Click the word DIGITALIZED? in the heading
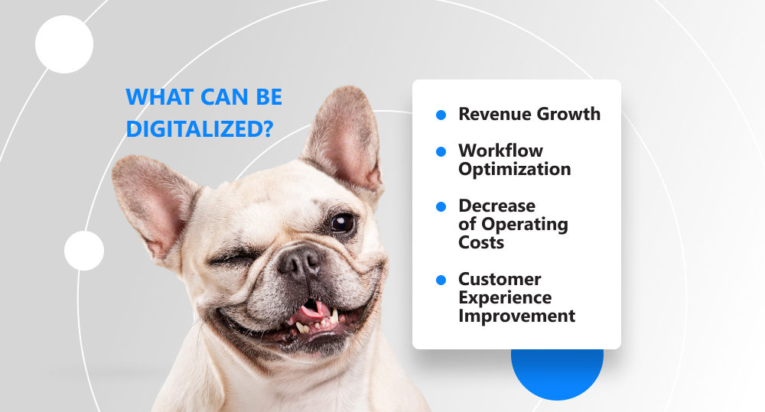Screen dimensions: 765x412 [200, 129]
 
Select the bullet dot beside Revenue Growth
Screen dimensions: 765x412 [441, 115]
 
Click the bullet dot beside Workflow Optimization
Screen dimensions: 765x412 [441, 151]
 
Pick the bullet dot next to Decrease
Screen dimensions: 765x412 [441, 206]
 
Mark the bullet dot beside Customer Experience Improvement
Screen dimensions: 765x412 [441, 281]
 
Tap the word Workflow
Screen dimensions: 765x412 [500, 151]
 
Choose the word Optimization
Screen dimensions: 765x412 [515, 169]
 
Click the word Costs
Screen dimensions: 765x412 [481, 242]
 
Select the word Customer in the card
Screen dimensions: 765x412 [500, 279]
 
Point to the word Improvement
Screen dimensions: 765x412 [516, 316]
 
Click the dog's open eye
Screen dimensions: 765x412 [342, 223]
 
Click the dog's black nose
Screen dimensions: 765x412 [300, 261]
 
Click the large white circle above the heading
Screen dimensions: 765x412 [64, 44]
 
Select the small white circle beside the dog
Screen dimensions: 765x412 [84, 251]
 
